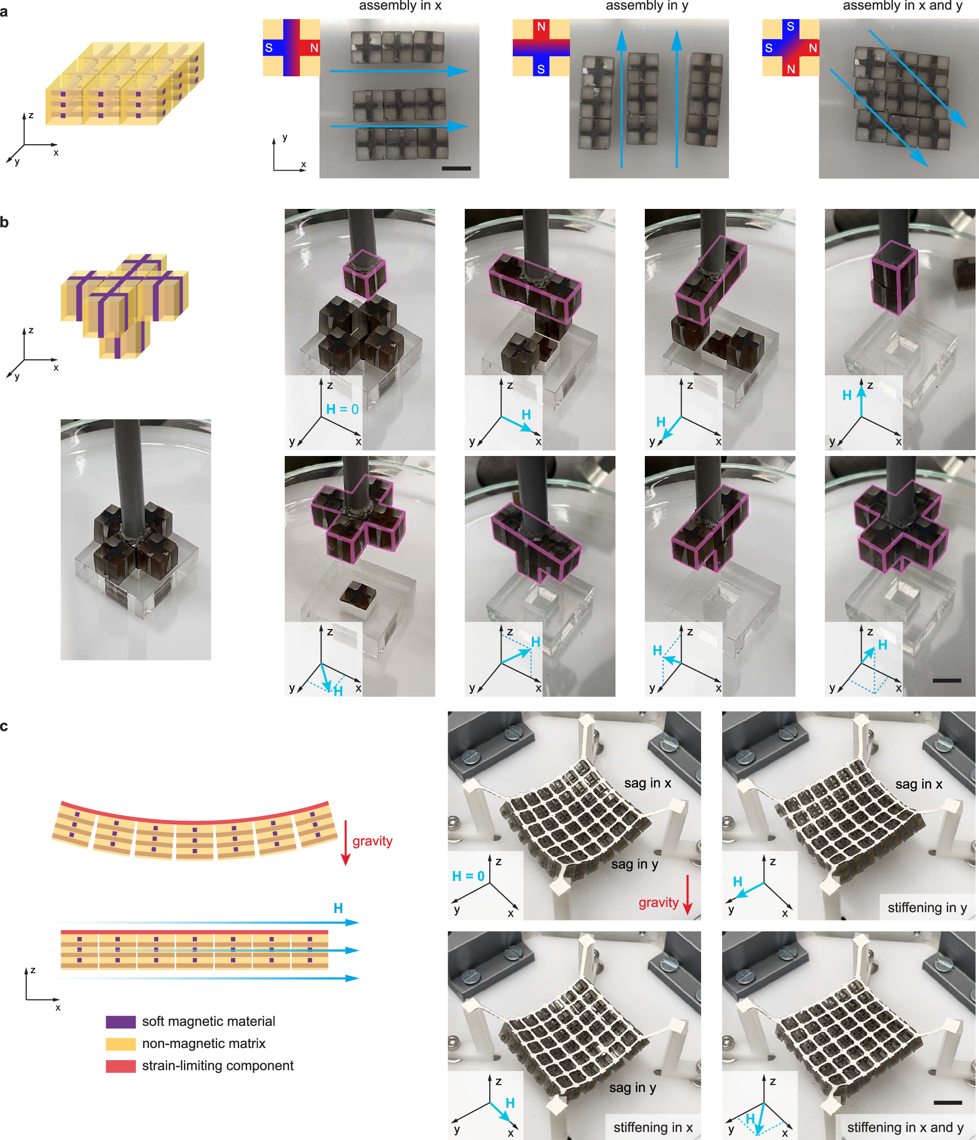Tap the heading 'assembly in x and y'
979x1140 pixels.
click(903, 5)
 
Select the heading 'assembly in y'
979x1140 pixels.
click(647, 5)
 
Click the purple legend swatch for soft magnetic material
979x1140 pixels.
click(120, 1022)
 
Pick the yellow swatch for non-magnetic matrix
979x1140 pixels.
click(120, 1044)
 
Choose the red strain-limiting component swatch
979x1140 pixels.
click(120, 1066)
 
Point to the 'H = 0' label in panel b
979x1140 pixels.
click(342, 410)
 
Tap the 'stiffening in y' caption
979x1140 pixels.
click(927, 908)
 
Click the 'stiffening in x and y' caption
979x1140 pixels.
click(905, 1127)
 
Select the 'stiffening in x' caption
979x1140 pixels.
click(653, 1127)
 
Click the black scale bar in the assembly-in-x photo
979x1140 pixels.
click(456, 168)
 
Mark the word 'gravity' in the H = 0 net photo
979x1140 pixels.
click(658, 903)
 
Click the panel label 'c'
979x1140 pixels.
click(4, 727)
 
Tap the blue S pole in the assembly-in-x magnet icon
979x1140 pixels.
click(269, 48)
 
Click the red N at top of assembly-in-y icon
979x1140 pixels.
click(541, 26)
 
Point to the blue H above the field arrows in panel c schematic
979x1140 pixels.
click(338, 909)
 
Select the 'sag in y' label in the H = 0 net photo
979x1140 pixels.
click(635, 865)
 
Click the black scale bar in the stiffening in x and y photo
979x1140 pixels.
click(948, 1103)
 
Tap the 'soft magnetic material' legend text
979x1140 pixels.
click(208, 1022)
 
